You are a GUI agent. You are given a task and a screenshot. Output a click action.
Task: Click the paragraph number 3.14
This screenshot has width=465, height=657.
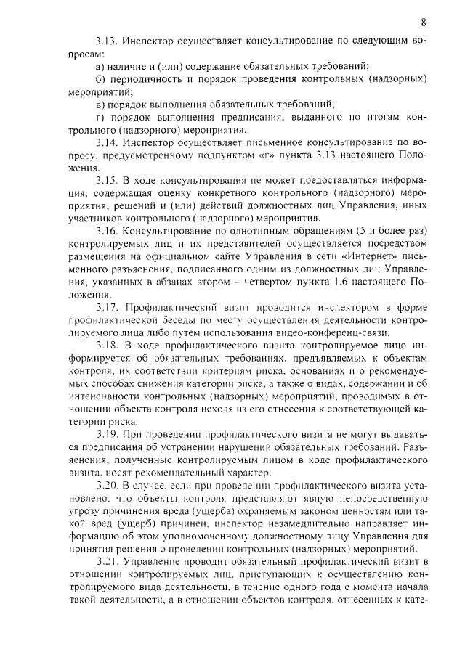pyautogui.click(x=106, y=143)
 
